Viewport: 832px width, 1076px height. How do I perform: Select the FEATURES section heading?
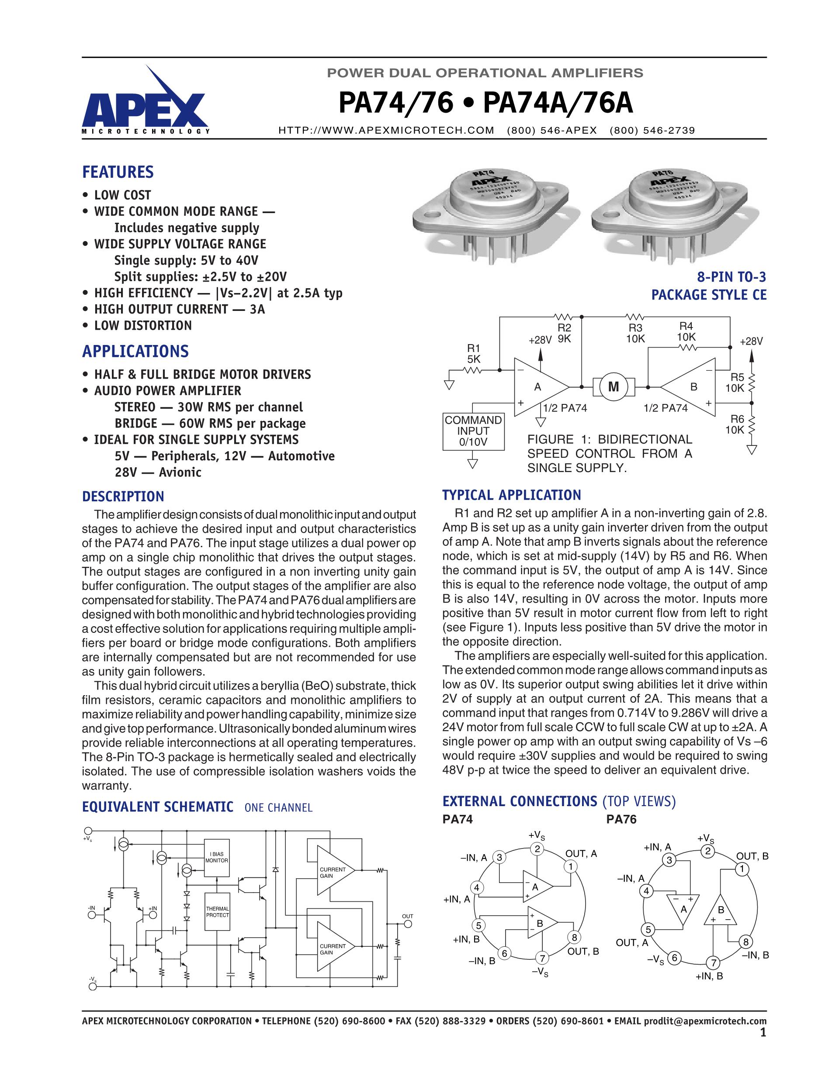point(118,172)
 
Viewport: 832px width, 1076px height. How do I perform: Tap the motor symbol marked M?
point(613,387)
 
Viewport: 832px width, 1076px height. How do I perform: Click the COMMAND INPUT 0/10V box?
point(473,431)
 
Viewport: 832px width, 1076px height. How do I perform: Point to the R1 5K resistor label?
point(474,353)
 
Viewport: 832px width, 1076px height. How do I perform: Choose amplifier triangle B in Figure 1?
point(690,387)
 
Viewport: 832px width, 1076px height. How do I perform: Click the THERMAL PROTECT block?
point(217,912)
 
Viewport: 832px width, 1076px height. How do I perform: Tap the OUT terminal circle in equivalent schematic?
point(408,924)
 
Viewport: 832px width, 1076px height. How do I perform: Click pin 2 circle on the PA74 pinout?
point(537,848)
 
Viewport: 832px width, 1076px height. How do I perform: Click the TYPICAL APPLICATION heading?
point(512,495)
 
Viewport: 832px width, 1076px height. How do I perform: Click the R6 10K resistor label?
point(735,424)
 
